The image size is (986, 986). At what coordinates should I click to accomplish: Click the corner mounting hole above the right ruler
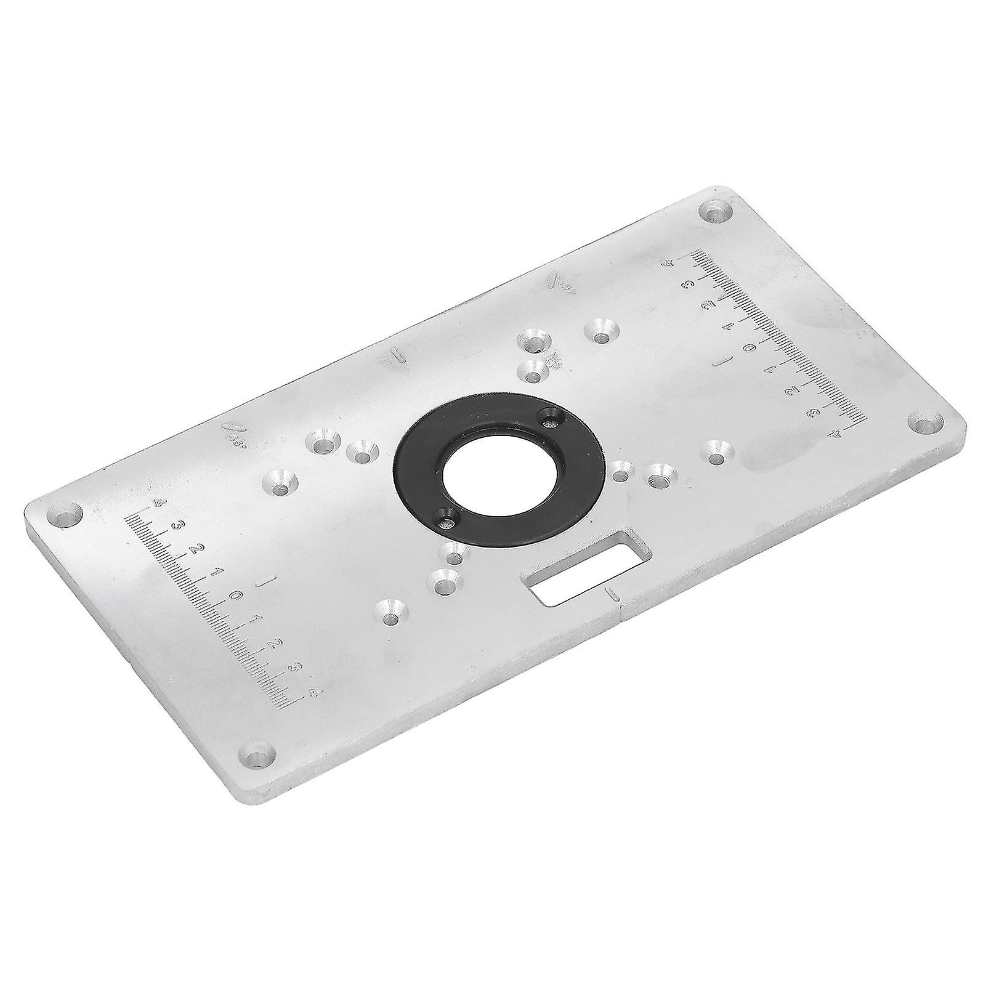[717, 213]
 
